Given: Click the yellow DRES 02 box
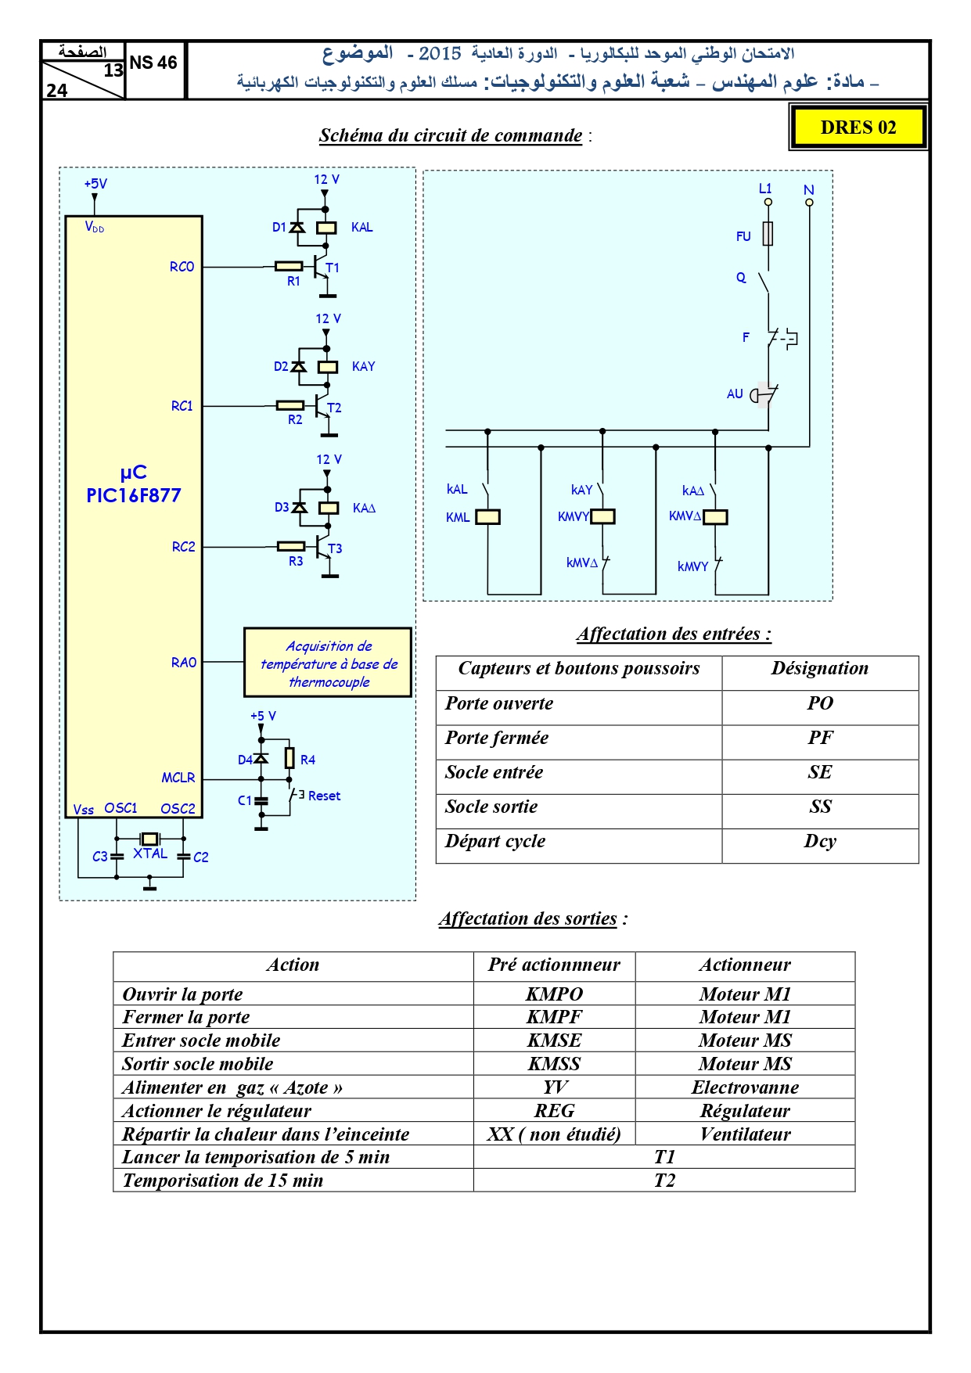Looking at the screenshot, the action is [x=858, y=128].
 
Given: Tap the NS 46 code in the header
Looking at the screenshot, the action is [x=153, y=63].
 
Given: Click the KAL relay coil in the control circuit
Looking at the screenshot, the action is [x=326, y=228].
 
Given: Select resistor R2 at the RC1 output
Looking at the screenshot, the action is [x=290, y=405].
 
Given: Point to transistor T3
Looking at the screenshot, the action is [x=322, y=547].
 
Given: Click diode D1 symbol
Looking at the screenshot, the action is [x=297, y=227].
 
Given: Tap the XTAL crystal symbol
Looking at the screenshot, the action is [x=149, y=839].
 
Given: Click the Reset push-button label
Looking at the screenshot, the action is [x=324, y=796].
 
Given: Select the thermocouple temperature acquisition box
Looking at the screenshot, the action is [x=328, y=663].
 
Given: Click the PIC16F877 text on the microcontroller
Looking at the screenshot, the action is [x=134, y=495].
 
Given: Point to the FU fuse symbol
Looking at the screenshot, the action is [x=768, y=234].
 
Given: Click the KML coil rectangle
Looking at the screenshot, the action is [x=488, y=517].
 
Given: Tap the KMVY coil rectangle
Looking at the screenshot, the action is [x=603, y=516].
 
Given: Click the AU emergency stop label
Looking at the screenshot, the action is [x=735, y=394].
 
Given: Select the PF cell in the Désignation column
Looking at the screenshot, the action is [x=820, y=738].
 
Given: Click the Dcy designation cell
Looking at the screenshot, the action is [x=820, y=842].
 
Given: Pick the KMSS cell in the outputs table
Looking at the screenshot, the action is [x=554, y=1064].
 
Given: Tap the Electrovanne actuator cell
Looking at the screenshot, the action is [x=745, y=1087].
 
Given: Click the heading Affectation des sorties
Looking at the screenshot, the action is [x=528, y=918].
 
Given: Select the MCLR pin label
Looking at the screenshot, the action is [x=178, y=778].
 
